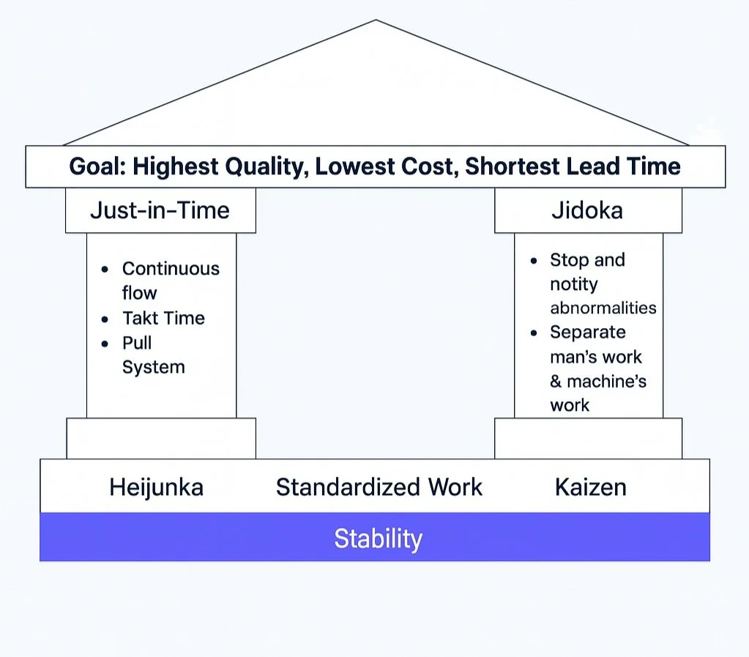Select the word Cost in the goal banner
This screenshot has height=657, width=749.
pos(427,166)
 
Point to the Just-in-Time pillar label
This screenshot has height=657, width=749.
pos(160,210)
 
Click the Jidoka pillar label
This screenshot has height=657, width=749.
pos(587,210)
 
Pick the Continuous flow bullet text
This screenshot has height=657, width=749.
pos(170,281)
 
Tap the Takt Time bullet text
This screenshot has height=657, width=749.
pos(163,318)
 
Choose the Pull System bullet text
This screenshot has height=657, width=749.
pos(153,355)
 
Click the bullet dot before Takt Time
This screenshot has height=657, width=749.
pos(106,319)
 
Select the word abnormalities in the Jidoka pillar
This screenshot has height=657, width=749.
pos(603,308)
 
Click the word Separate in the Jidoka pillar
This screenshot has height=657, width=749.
pos(587,332)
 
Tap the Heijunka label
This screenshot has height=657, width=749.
pos(156,487)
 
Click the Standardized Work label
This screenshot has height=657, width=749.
pos(379,487)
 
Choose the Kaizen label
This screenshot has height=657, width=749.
pos(590,487)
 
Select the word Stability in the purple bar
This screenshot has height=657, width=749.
pos(378,538)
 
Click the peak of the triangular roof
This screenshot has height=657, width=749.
pos(376,22)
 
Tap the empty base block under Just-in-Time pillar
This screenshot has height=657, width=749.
pos(160,438)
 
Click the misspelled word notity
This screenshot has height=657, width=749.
pos(574,283)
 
